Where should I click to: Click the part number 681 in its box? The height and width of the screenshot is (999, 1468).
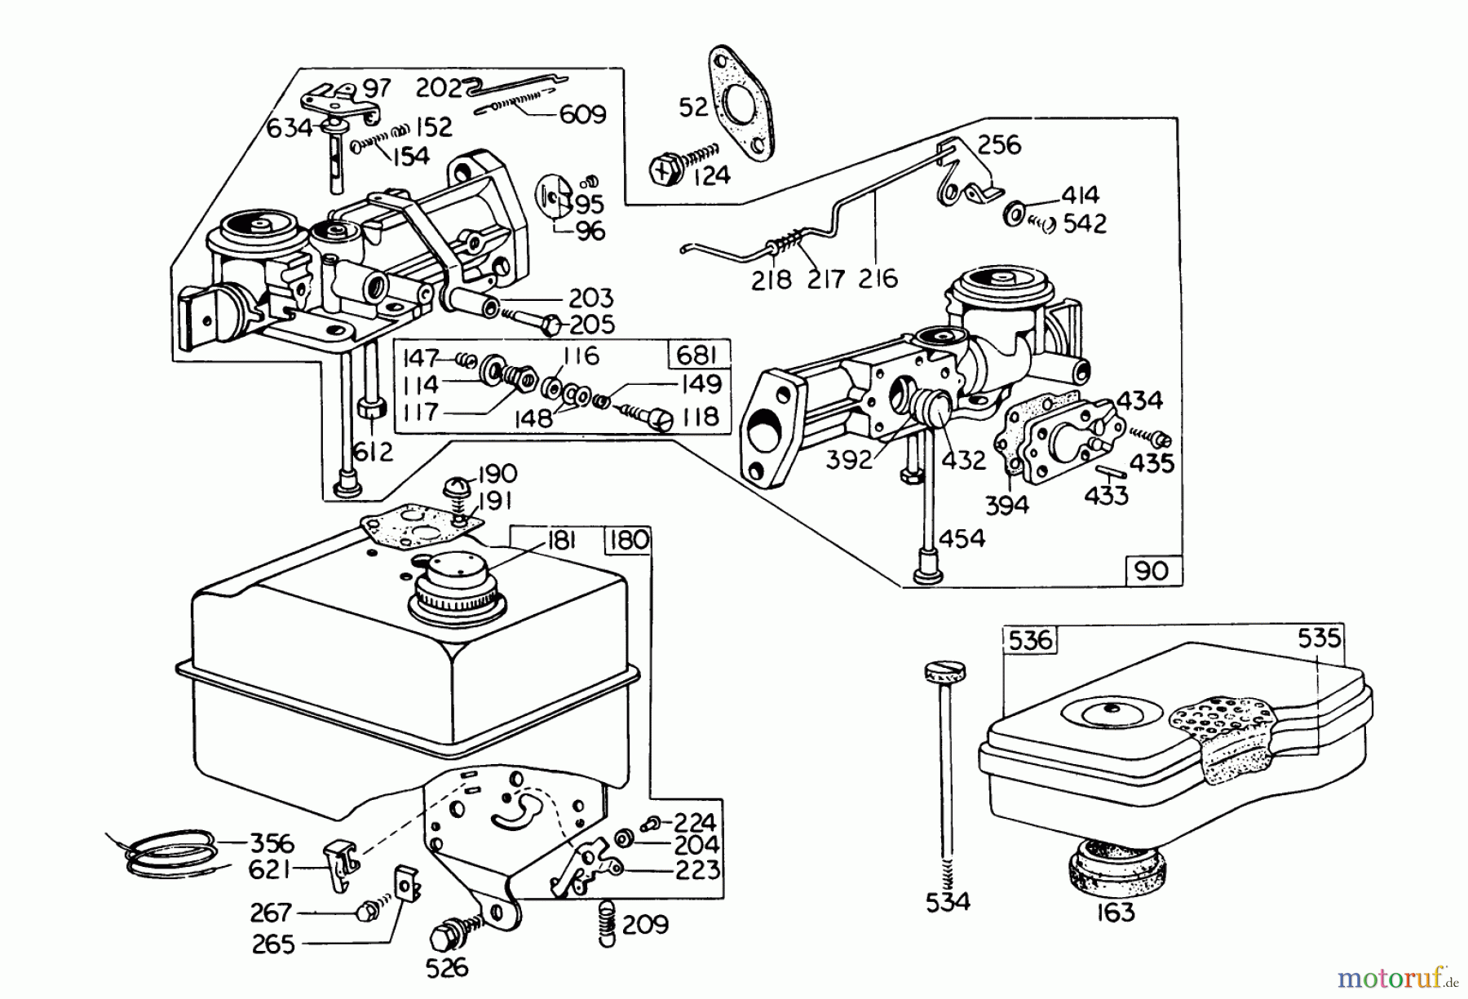pyautogui.click(x=697, y=356)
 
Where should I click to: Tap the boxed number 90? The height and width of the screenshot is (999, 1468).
pyautogui.click(x=1152, y=571)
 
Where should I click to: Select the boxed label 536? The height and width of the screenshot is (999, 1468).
pyautogui.click(x=1030, y=640)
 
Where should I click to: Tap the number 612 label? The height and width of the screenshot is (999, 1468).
pyautogui.click(x=372, y=451)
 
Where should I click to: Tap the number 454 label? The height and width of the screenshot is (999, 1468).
pyautogui.click(x=962, y=538)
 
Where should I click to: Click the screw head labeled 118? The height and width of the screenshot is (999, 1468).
pyautogui.click(x=659, y=420)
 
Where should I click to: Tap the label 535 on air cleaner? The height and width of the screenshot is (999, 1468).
pyautogui.click(x=1320, y=637)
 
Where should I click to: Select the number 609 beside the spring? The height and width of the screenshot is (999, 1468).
pyautogui.click(x=582, y=114)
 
